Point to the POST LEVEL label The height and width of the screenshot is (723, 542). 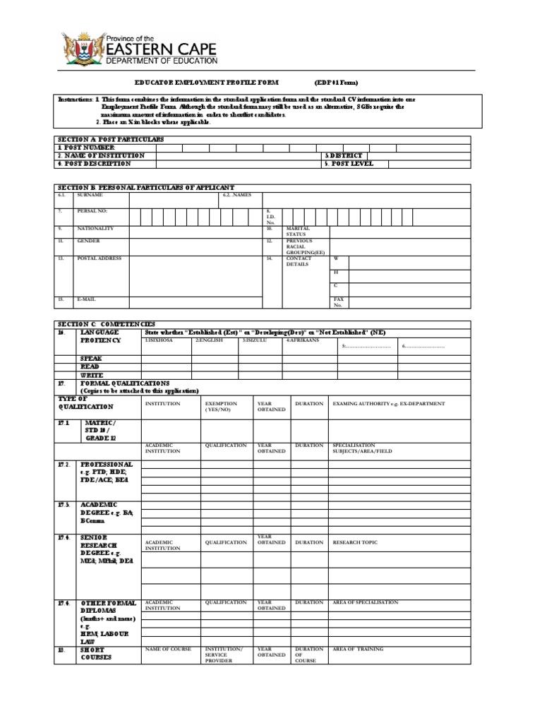pyautogui.click(x=349, y=163)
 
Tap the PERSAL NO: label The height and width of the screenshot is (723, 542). pyautogui.click(x=92, y=211)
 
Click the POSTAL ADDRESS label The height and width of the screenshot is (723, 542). pyautogui.click(x=99, y=258)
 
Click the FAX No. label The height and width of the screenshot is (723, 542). pyautogui.click(x=339, y=302)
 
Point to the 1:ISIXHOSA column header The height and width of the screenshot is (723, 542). pyautogui.click(x=160, y=340)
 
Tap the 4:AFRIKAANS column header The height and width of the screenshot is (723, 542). pyautogui.click(x=303, y=340)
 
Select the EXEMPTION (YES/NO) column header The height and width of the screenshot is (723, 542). pyautogui.click(x=221, y=406)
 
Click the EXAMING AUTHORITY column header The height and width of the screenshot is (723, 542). pyautogui.click(x=389, y=404)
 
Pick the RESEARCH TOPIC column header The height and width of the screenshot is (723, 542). pyautogui.click(x=355, y=542)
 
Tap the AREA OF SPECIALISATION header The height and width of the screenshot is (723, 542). pyautogui.click(x=365, y=602)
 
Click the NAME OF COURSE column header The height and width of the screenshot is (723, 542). pyautogui.click(x=168, y=648)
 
